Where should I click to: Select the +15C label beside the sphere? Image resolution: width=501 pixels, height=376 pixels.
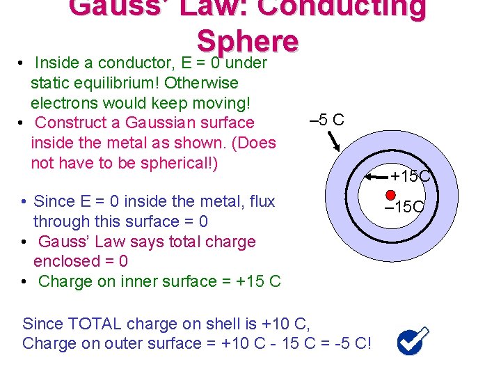coord(413,176)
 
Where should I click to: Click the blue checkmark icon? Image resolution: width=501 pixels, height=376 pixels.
coord(412,341)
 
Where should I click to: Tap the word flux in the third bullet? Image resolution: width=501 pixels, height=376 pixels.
coord(262,202)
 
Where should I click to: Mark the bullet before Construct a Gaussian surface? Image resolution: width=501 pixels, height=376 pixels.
coord(24,123)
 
